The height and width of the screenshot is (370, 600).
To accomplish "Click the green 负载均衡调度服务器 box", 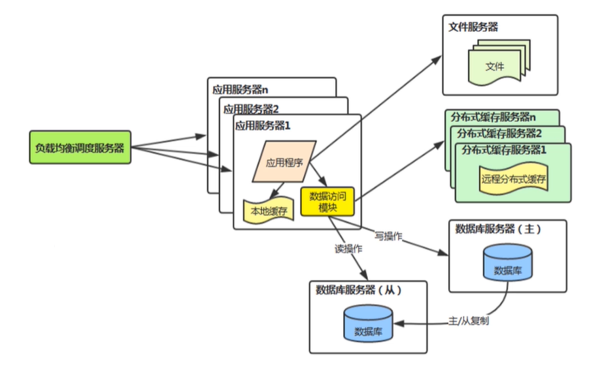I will coord(80,147).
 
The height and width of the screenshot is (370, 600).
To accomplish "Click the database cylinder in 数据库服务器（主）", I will coord(507,264).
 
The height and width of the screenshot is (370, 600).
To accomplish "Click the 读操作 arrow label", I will coord(347,249).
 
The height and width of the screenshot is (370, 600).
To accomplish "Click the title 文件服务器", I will coord(474,27).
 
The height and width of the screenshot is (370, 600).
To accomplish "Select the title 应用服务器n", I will coord(241,89).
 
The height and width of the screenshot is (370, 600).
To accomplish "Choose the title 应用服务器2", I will coord(252,108).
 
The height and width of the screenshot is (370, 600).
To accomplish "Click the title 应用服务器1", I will coord(262,124).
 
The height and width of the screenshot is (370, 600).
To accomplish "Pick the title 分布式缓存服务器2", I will coord(500,133).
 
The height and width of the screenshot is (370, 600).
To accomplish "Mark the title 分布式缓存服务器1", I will coord(505,149).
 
